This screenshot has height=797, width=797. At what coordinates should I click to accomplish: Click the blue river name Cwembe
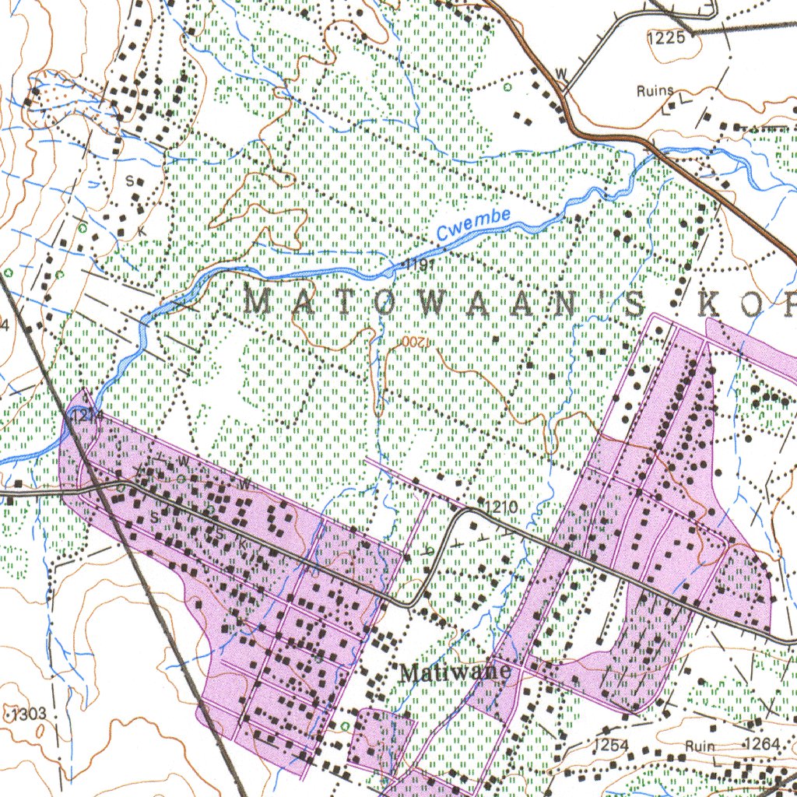tap(473, 223)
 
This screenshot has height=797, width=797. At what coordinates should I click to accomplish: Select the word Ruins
tap(655, 91)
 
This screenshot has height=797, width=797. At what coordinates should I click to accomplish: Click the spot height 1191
tap(416, 266)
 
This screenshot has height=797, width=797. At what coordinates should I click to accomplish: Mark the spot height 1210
tap(503, 507)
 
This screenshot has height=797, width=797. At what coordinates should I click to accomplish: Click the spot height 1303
tap(30, 714)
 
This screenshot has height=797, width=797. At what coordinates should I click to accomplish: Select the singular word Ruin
tap(700, 746)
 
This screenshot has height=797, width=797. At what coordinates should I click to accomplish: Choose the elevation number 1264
tap(761, 745)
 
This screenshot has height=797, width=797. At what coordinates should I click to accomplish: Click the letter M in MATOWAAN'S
tap(261, 301)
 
